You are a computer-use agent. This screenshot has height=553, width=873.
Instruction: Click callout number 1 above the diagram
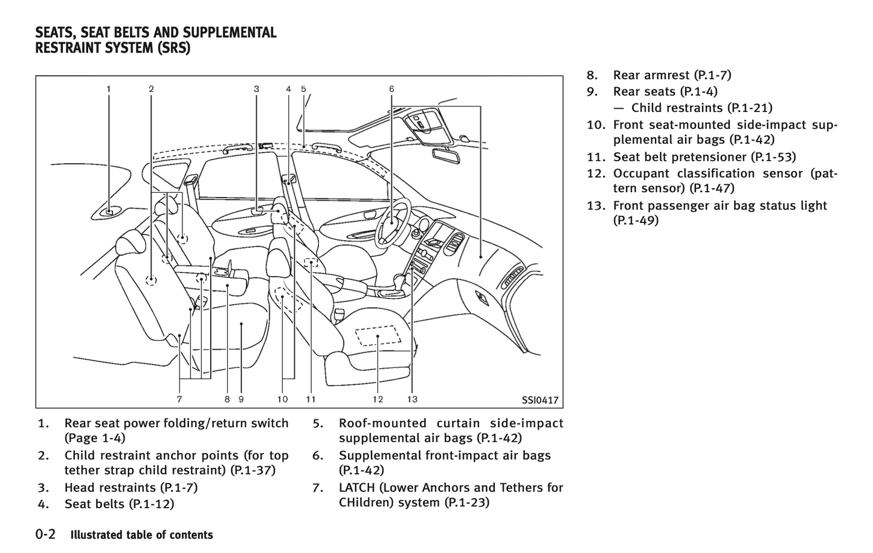(109, 89)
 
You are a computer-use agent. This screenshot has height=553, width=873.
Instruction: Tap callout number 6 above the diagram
(391, 89)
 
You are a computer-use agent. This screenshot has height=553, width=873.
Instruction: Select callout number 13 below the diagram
(412, 399)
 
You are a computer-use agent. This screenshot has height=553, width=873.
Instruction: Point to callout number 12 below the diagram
(378, 399)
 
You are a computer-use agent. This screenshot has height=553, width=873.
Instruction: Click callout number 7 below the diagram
(179, 399)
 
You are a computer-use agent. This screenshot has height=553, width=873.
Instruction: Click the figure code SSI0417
(540, 400)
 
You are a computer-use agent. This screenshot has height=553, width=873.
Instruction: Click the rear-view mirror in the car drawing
(446, 154)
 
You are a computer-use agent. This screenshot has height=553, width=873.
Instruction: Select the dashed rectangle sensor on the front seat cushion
(378, 335)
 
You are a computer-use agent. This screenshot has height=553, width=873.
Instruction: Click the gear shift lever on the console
(399, 281)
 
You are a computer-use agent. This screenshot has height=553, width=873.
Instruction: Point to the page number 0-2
(46, 534)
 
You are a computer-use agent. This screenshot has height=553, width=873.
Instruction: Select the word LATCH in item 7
(358, 487)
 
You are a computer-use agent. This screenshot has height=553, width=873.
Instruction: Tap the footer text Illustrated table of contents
(142, 535)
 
